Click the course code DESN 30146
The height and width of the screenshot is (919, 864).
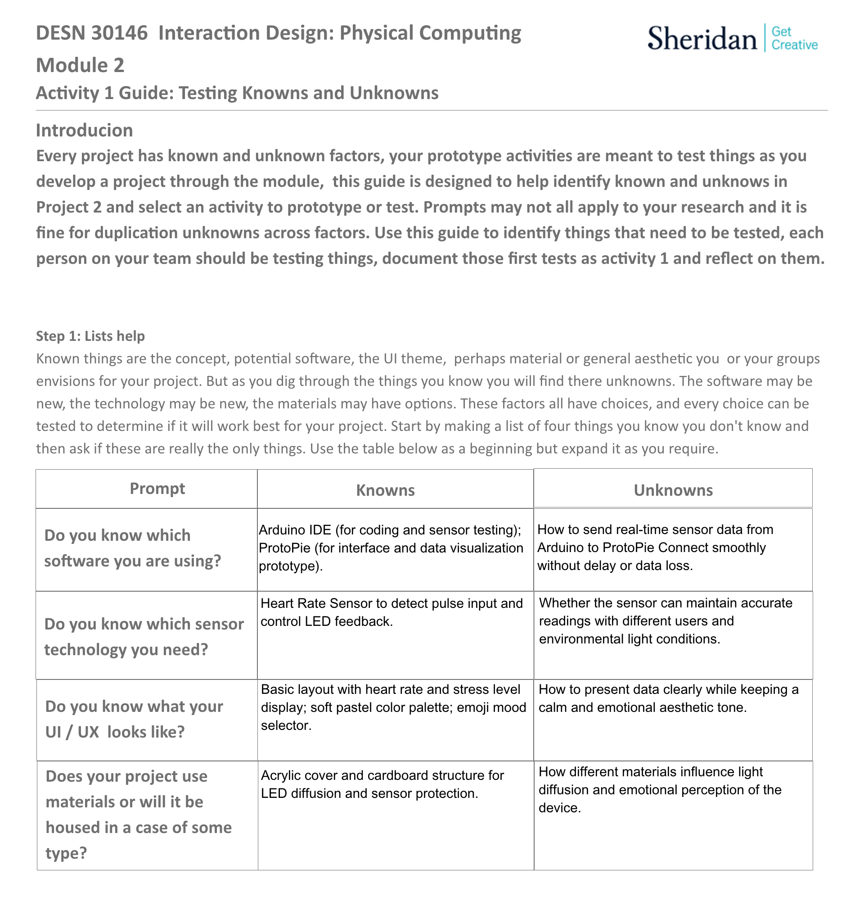[91, 33]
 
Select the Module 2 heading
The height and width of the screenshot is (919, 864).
[80, 65]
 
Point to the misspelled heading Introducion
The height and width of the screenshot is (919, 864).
[85, 131]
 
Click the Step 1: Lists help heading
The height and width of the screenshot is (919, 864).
[90, 336]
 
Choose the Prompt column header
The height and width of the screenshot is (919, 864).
[157, 489]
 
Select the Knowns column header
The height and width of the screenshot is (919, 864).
[385, 490]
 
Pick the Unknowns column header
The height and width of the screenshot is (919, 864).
[673, 490]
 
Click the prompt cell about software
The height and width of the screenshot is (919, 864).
[133, 548]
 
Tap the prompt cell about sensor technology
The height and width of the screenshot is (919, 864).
[144, 637]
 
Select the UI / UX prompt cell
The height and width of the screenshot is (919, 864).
[134, 719]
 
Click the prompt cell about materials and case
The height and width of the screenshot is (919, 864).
[139, 815]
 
